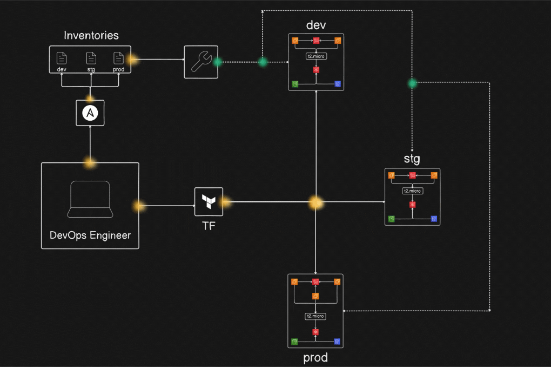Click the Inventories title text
click(x=91, y=36)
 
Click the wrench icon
click(x=201, y=62)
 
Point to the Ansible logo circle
click(x=90, y=113)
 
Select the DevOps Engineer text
click(x=90, y=235)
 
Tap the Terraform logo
click(x=209, y=201)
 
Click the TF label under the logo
click(x=209, y=226)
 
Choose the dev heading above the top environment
click(x=316, y=25)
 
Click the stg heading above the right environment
click(x=412, y=159)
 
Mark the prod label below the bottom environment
click(x=315, y=358)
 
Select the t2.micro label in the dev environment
click(x=316, y=56)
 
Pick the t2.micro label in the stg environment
click(x=412, y=191)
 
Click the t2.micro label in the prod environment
click(x=315, y=316)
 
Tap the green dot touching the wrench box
click(x=218, y=62)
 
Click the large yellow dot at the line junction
click(x=316, y=203)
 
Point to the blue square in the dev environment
click(x=338, y=84)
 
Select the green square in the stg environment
click(x=391, y=219)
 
